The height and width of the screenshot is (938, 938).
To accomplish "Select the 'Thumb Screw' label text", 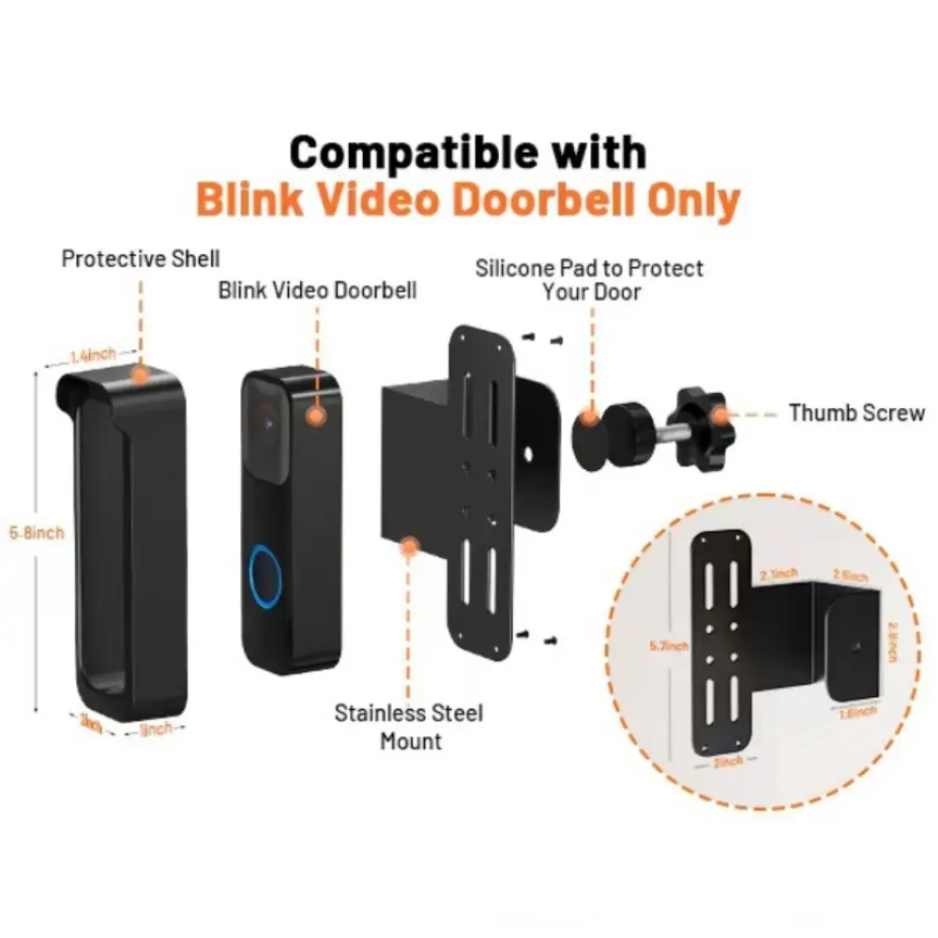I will click(856, 413).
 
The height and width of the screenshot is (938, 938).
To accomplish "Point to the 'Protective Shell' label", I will click(141, 258).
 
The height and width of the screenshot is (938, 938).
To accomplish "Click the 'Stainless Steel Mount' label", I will click(409, 726).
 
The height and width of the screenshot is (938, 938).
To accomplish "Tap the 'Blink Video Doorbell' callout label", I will click(317, 290).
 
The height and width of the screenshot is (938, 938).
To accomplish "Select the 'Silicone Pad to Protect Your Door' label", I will click(590, 280).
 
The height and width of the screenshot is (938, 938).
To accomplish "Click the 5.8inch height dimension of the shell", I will click(37, 533).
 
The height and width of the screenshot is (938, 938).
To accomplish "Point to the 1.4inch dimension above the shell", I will click(93, 355).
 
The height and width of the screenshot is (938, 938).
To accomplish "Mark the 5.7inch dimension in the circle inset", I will click(668, 645).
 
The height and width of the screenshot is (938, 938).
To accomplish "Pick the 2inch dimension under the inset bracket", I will click(726, 762).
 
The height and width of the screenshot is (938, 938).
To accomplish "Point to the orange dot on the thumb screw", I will click(720, 413).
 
